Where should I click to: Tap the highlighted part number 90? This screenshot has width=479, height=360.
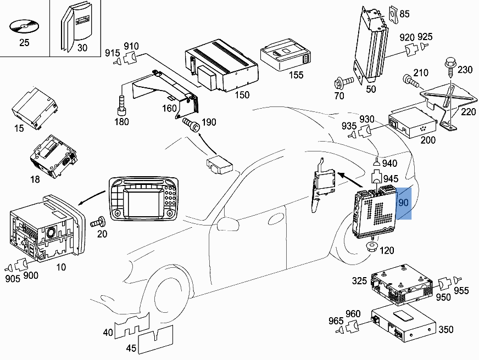pos(404,203)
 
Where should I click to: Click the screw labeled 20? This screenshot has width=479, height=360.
pos(99,222)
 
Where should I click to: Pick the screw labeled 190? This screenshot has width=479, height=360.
pos(192,123)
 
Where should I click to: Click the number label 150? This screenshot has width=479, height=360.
pos(241,95)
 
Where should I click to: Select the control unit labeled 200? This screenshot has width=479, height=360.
pos(413,125)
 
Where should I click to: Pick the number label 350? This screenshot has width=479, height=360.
pos(445,330)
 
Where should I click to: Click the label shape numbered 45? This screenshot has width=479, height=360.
pos(156,342)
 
